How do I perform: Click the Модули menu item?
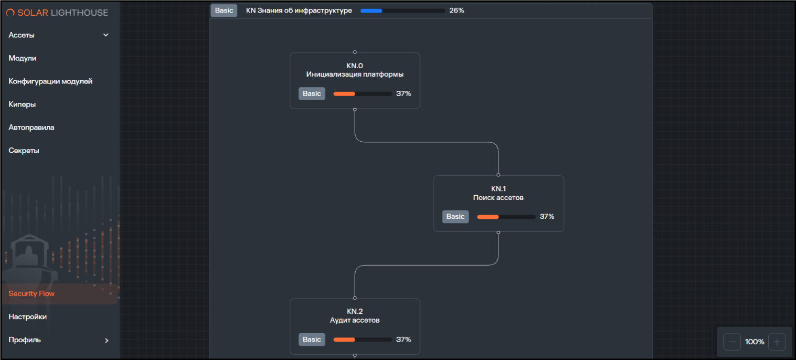pos(23,58)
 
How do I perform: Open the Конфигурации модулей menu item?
pos(50,81)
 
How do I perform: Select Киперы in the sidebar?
pos(22,104)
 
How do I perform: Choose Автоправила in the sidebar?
pos(31,127)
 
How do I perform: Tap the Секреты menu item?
pos(24,150)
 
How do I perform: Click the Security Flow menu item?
pos(31,293)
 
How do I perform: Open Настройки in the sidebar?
pos(27,316)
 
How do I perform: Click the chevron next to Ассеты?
pos(106,35)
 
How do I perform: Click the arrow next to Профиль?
pos(107,341)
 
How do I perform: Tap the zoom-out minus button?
pos(732,342)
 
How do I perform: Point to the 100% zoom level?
pos(755,342)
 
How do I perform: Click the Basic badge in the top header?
pos(224,10)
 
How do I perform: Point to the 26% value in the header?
pos(457,10)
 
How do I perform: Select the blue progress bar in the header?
pos(402,10)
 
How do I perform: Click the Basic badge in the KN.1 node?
pos(455,216)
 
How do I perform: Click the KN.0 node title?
pos(355,66)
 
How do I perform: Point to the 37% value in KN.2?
pos(404,340)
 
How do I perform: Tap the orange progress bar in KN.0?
pos(363,94)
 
